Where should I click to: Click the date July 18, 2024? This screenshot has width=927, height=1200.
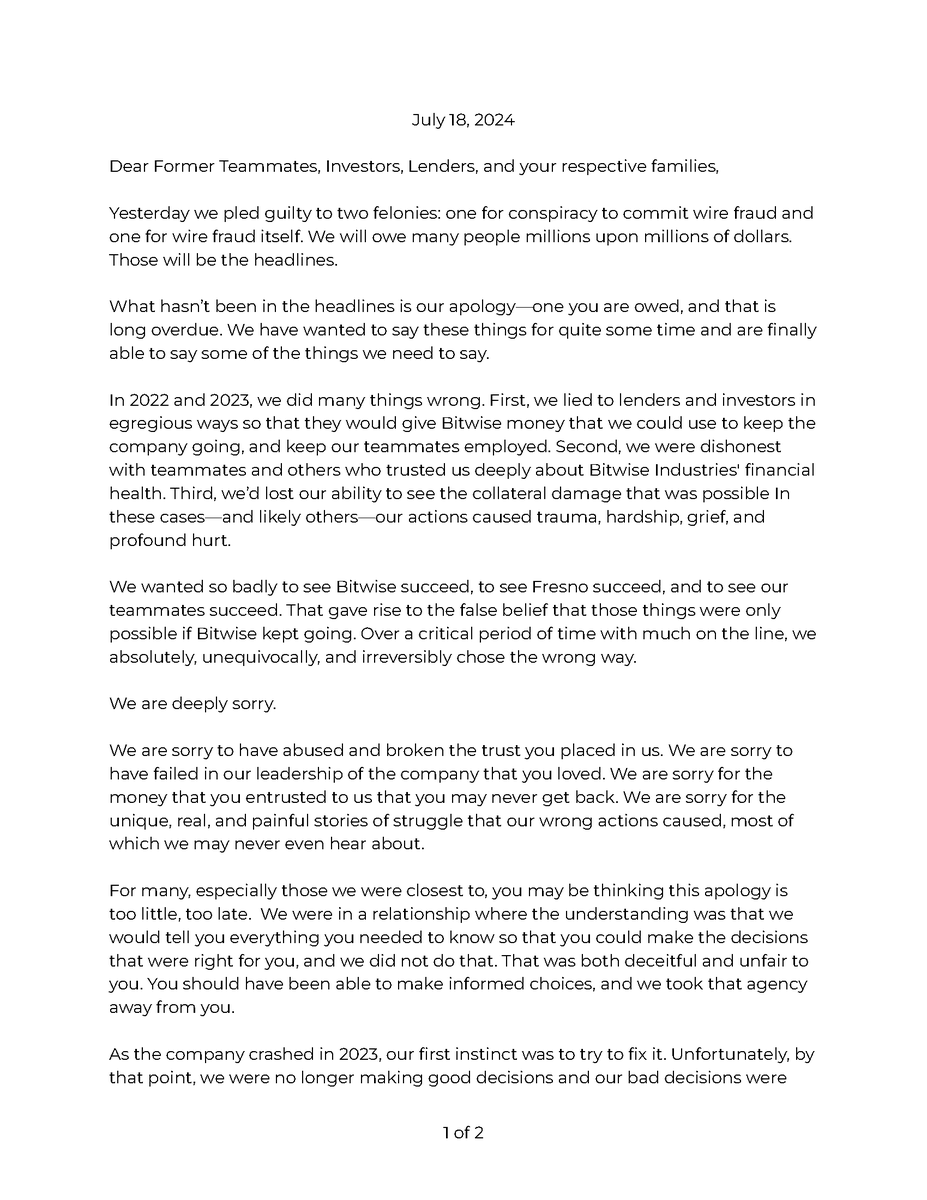[463, 121]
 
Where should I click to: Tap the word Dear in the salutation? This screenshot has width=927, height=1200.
[128, 167]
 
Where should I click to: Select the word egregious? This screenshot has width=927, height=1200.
[149, 423]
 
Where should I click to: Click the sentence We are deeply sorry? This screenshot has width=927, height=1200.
[192, 703]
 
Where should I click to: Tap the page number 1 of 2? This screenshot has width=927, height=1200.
[463, 1134]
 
